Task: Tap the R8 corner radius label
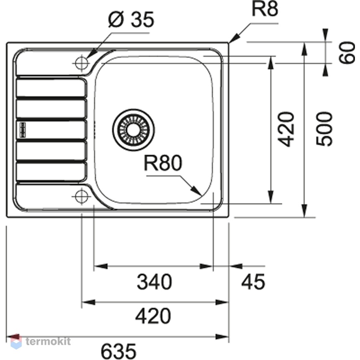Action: pyautogui.click(x=265, y=9)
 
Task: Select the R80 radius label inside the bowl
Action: pyautogui.click(x=163, y=163)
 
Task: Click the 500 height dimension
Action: pyautogui.click(x=324, y=129)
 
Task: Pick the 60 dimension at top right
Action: pyautogui.click(x=347, y=53)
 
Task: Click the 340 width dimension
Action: pyautogui.click(x=154, y=282)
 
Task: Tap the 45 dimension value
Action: pyautogui.click(x=253, y=281)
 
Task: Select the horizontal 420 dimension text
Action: pyautogui.click(x=153, y=316)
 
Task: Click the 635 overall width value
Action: pyautogui.click(x=118, y=351)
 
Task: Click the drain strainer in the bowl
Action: pyautogui.click(x=134, y=130)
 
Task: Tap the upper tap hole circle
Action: pyautogui.click(x=82, y=63)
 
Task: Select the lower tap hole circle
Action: pyautogui.click(x=82, y=197)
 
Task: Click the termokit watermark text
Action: pyautogui.click(x=48, y=342)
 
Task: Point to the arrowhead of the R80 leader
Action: pyautogui.click(x=198, y=193)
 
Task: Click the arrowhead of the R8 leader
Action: pyautogui.click(x=231, y=40)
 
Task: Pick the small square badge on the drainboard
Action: pyautogui.click(x=23, y=130)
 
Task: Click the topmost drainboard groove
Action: pyautogui.click(x=51, y=88)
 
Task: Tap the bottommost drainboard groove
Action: pyautogui.click(x=51, y=172)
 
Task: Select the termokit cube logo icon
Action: pyautogui.click(x=16, y=342)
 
